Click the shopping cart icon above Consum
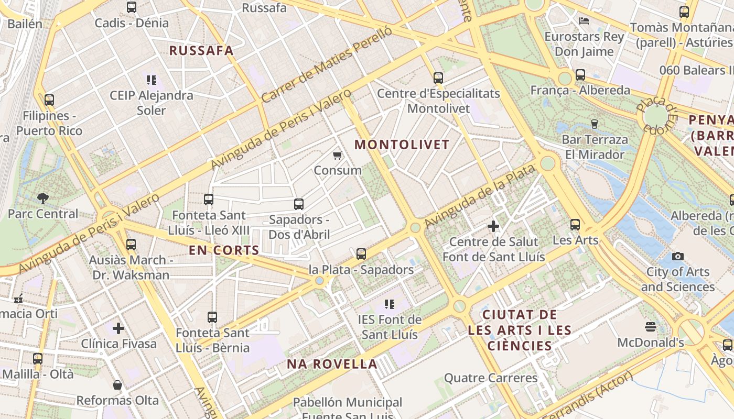(x=338, y=155)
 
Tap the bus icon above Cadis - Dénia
(x=132, y=7)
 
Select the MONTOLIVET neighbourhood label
(x=402, y=145)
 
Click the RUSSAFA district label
(x=201, y=51)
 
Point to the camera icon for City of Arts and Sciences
(x=678, y=256)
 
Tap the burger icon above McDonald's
(x=651, y=327)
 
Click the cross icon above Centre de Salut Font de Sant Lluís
(x=493, y=226)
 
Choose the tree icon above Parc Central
(x=43, y=198)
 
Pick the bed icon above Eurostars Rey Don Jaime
(x=584, y=21)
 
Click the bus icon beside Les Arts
(x=575, y=225)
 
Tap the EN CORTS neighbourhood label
(x=224, y=250)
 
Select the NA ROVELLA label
(x=332, y=364)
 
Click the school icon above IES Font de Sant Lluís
(x=389, y=304)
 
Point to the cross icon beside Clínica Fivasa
(x=118, y=328)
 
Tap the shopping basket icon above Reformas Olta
(x=117, y=385)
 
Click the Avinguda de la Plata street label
(x=479, y=196)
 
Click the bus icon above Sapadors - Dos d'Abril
(x=299, y=204)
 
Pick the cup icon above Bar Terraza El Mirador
(x=595, y=124)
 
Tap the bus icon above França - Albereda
(x=580, y=75)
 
